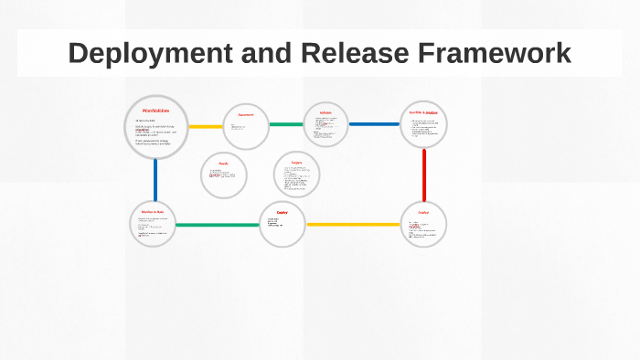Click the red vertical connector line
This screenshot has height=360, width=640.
pyautogui.click(x=424, y=175)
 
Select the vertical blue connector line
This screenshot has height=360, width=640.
pyautogui.click(x=155, y=180)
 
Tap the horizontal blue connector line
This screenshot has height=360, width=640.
pyautogui.click(x=374, y=124)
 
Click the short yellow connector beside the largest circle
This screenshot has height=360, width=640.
pyautogui.click(x=206, y=126)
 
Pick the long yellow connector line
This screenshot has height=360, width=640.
pyautogui.click(x=353, y=224)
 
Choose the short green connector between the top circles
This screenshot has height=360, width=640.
pyautogui.click(x=286, y=124)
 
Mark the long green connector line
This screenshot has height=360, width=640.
pyautogui.click(x=218, y=225)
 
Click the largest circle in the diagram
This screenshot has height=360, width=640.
pyautogui.click(x=155, y=127)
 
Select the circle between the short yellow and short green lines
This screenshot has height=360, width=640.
pyautogui.click(x=246, y=125)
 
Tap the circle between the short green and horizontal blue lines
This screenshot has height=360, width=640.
pyautogui.click(x=326, y=124)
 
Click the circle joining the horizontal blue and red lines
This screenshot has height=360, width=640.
pyautogui.click(x=424, y=124)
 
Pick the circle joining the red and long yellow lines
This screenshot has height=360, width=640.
pyautogui.click(x=424, y=224)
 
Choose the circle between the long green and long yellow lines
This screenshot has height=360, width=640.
pyautogui.click(x=282, y=224)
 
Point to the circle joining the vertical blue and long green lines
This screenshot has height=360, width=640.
pyautogui.click(x=154, y=224)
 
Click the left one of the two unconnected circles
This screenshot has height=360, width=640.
pyautogui.click(x=224, y=175)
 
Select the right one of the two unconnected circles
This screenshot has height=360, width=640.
pyautogui.click(x=297, y=174)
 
